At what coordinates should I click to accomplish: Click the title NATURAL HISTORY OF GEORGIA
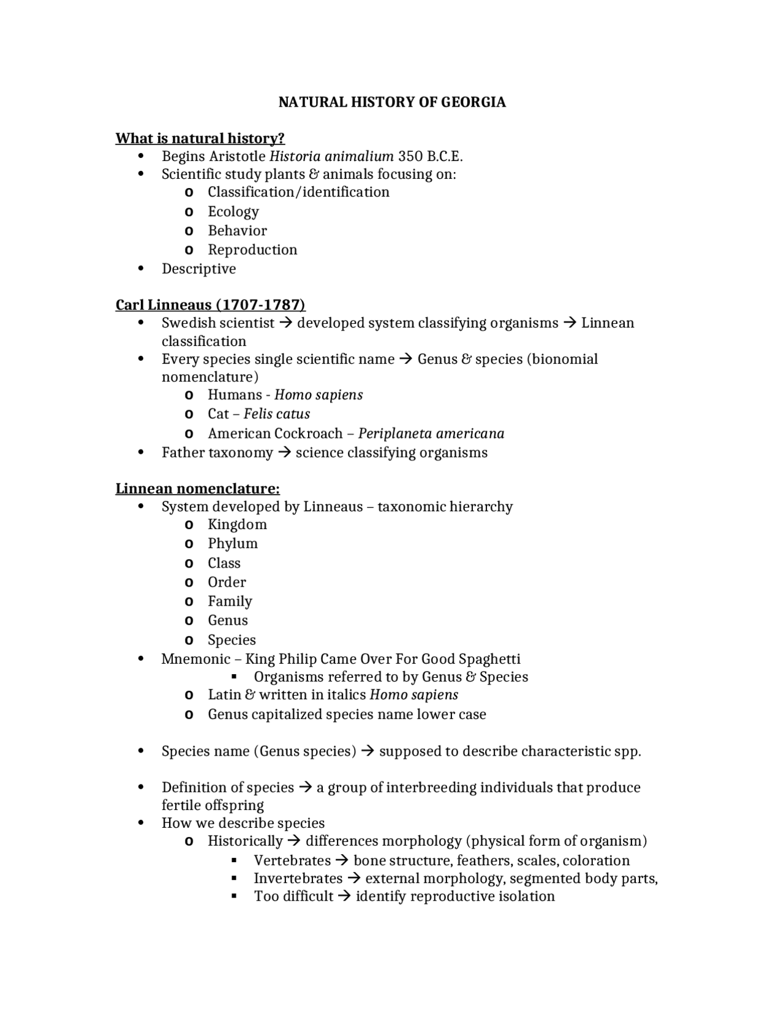(x=392, y=102)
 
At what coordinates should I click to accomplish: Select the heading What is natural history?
(x=200, y=138)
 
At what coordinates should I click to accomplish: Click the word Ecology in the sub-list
(x=233, y=212)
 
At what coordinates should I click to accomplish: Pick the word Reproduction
(x=252, y=250)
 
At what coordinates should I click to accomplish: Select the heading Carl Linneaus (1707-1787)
(x=210, y=305)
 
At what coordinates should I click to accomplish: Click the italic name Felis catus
(x=277, y=414)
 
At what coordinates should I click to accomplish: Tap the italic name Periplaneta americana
(x=431, y=434)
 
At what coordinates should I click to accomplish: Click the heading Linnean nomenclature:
(x=197, y=489)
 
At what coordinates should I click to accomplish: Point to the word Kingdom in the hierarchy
(x=237, y=525)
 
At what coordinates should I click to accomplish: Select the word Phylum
(x=233, y=544)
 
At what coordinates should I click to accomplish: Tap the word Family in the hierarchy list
(x=230, y=601)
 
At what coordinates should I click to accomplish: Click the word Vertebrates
(x=292, y=860)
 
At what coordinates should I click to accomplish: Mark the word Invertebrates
(x=298, y=879)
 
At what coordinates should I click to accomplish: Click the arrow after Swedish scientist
(x=285, y=323)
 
